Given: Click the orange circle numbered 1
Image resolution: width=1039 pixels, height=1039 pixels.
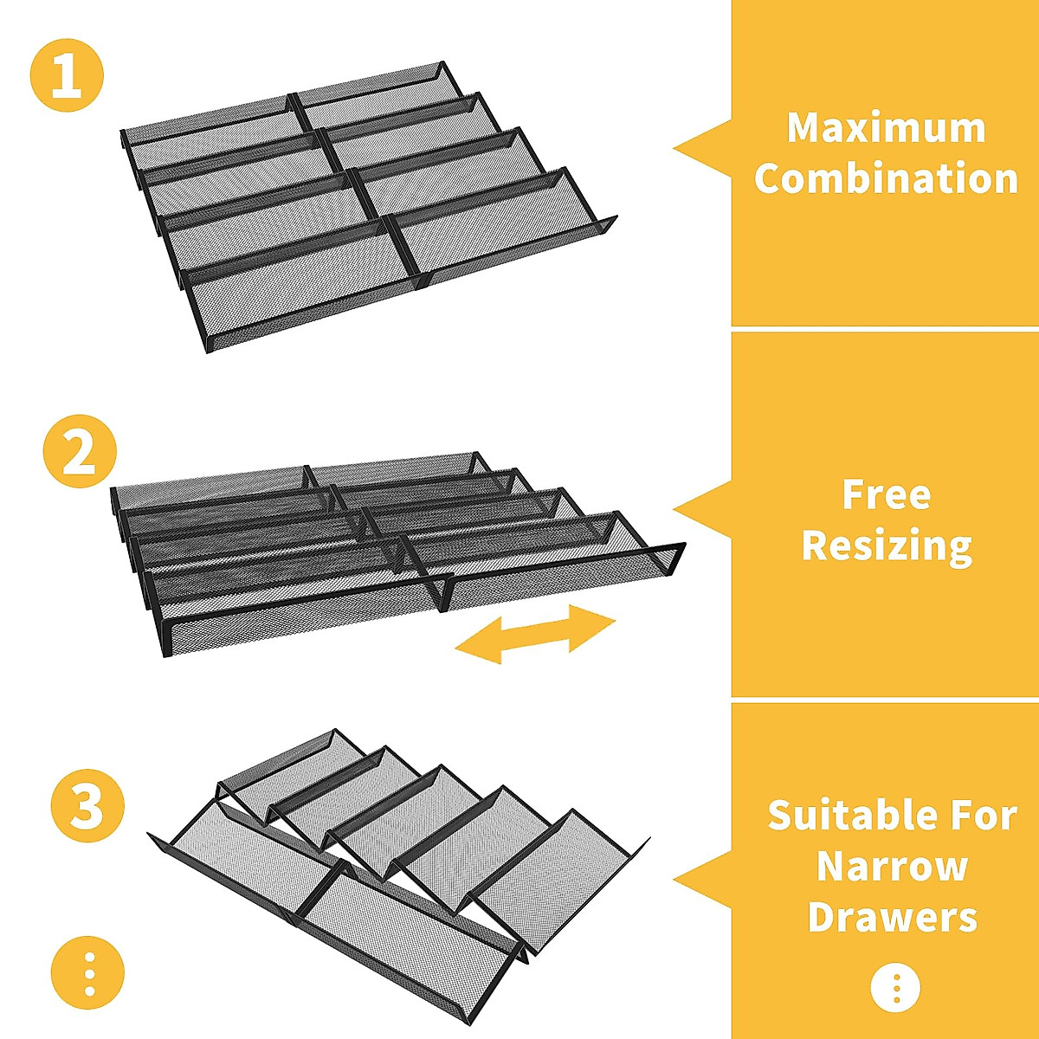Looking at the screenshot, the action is click(x=67, y=75).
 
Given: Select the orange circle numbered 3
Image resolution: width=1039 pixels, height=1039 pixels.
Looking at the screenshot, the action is click(x=87, y=805).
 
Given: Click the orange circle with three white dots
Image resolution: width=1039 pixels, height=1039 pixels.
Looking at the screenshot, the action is click(x=87, y=973).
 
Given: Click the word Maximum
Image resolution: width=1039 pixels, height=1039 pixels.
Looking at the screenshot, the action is click(x=886, y=129).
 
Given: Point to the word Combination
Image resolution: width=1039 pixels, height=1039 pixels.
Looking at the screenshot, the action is click(x=886, y=178).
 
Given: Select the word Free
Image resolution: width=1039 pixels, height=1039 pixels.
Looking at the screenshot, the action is click(x=887, y=495).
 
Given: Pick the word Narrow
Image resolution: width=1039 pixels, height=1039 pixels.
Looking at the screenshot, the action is click(x=893, y=865).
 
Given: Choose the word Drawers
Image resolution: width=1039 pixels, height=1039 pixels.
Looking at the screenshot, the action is click(x=893, y=916).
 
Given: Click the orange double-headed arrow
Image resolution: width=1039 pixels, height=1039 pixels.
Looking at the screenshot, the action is click(x=535, y=634).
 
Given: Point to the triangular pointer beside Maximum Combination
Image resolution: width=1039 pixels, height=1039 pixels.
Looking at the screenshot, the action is click(x=701, y=148).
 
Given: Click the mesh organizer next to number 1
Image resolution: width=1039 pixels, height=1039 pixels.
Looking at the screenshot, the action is click(x=368, y=207).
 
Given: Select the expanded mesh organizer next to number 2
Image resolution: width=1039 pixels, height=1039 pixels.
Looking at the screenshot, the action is click(x=397, y=554).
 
